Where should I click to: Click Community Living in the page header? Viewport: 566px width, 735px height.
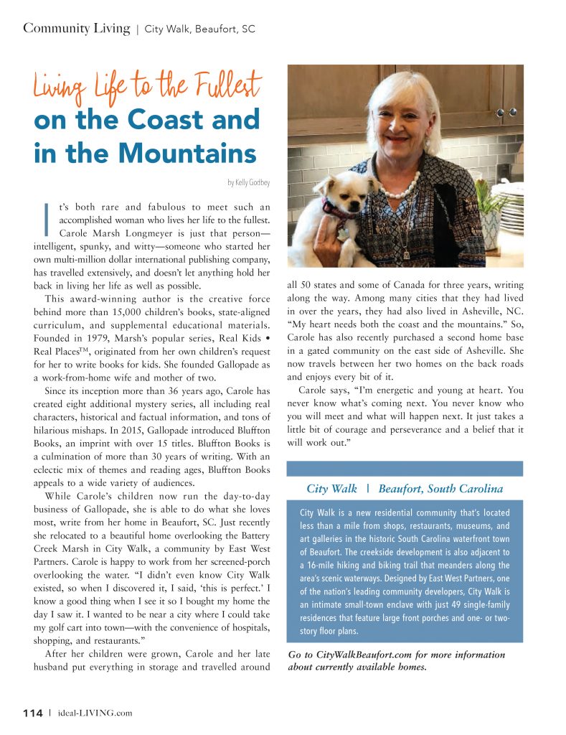[76, 29]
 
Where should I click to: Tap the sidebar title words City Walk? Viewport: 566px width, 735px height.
[331, 489]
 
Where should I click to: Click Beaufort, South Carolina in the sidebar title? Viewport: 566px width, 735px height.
[440, 489]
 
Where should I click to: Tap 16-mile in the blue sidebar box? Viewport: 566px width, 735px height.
[324, 566]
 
